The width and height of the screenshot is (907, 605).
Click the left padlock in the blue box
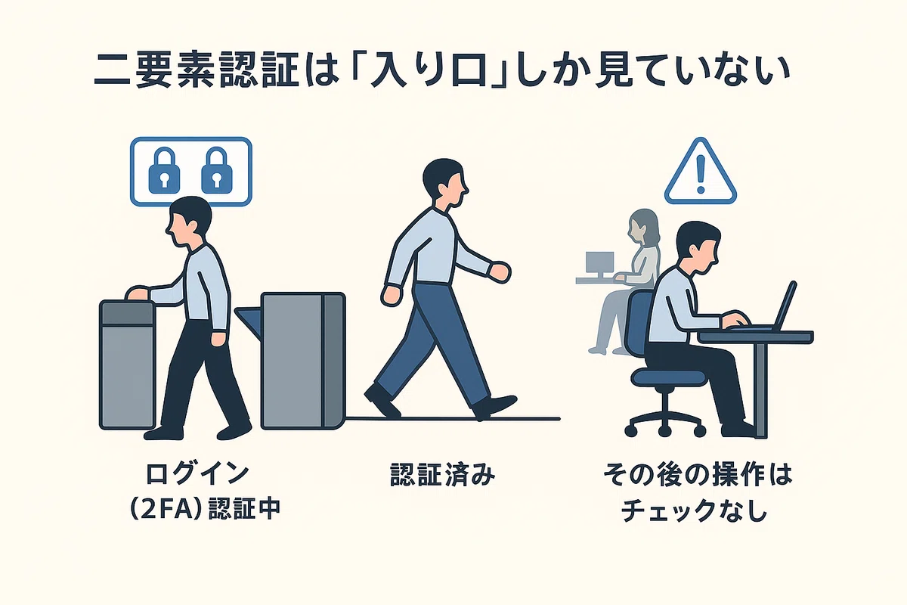(x=164, y=171)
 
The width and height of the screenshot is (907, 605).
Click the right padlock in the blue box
(x=217, y=171)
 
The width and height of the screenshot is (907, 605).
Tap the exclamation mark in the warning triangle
(x=701, y=175)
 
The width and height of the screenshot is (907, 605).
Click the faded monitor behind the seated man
(x=599, y=265)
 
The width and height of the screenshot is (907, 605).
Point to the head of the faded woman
(x=643, y=225)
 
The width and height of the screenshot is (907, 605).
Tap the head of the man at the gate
(x=189, y=222)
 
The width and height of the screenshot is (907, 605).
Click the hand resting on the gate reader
(x=138, y=293)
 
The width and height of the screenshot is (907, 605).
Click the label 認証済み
(x=442, y=475)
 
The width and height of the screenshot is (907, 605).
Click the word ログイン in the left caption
(x=197, y=473)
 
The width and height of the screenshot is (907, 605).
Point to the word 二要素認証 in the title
(x=197, y=73)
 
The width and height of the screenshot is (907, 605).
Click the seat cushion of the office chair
(x=668, y=377)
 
